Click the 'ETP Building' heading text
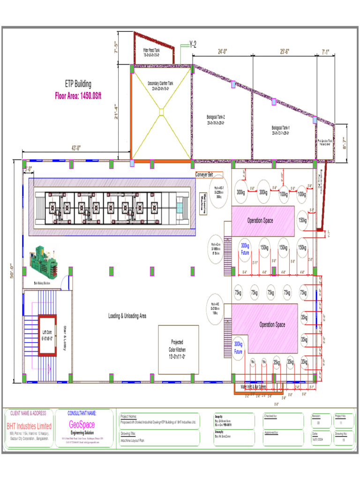[x=78, y=84]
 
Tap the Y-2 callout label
[x=192, y=45]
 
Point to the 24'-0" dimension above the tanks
[x=223, y=52]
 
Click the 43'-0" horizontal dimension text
[x=76, y=148]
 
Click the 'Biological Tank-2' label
[x=216, y=119]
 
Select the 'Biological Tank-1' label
[x=281, y=130]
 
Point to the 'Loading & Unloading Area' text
[x=127, y=316]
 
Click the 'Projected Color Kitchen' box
[x=178, y=349]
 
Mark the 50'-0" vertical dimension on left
[x=12, y=271]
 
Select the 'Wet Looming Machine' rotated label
[x=204, y=204]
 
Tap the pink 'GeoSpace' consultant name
[x=82, y=424]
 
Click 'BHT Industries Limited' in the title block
[x=29, y=426]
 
